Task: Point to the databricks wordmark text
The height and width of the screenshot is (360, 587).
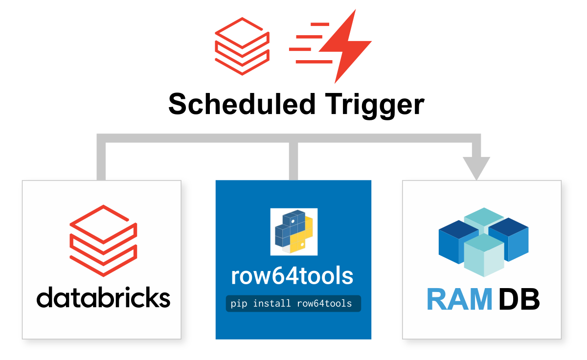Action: (x=103, y=297)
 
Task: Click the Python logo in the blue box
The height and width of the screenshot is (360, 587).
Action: (x=293, y=231)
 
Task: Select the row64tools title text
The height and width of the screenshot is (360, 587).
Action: (x=293, y=276)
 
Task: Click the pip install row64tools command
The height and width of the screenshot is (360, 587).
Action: (x=293, y=303)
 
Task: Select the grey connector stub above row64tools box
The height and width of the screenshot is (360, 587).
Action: (x=293, y=161)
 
